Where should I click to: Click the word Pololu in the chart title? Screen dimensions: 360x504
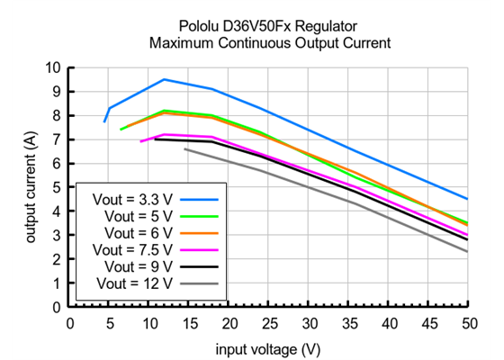(x=185, y=25)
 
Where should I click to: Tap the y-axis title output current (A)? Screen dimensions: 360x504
(x=31, y=187)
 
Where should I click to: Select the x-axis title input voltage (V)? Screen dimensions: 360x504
(x=268, y=347)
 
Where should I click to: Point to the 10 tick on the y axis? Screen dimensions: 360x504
(x=55, y=67)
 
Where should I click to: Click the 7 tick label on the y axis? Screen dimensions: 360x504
(x=58, y=139)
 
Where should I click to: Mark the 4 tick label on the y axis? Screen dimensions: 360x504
(x=58, y=211)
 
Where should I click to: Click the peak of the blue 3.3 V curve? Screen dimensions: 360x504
(x=165, y=79)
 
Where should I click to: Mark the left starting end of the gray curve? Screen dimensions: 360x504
(x=184, y=149)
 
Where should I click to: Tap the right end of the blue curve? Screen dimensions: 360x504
(x=467, y=199)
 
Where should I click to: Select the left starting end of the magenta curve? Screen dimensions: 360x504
(x=140, y=141)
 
